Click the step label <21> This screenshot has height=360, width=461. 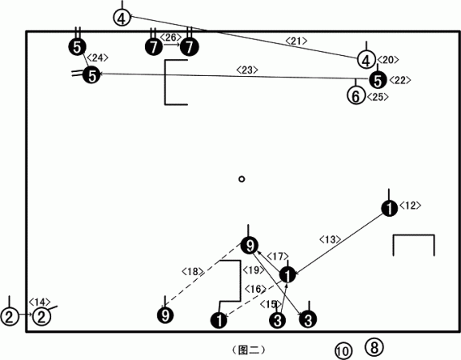coord(296,41)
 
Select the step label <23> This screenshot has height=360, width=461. coord(247,70)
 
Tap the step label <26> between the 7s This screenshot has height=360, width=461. coord(171,38)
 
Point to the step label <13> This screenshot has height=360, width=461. coord(331,239)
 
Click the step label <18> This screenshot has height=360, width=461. coord(193,271)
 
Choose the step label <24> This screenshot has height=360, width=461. coord(98,58)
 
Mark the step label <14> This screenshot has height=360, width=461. coord(39,302)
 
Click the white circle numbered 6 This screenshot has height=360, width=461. coord(356,96)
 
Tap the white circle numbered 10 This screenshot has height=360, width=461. coord(343,351)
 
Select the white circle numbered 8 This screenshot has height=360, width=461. coord(374,347)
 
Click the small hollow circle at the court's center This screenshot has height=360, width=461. coord(242,179)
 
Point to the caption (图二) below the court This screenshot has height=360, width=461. coord(248,350)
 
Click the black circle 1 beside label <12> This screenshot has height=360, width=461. coord(390,208)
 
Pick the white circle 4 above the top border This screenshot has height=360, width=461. coord(122,18)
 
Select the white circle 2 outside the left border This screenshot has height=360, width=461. coord(10,317)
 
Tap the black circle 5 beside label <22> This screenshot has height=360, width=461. coord(378,80)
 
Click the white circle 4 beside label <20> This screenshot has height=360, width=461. coord(367,60)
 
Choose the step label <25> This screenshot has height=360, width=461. coord(378,97)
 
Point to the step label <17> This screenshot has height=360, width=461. coord(278,257)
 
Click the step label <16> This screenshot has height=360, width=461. coord(255,289)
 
